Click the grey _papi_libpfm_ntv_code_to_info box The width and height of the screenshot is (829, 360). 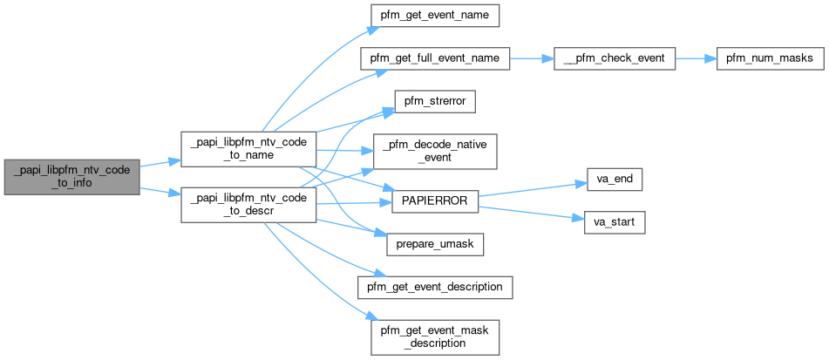(71, 177)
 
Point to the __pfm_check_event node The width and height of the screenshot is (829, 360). (614, 58)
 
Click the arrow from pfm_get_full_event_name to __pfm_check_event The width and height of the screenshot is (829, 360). (531, 58)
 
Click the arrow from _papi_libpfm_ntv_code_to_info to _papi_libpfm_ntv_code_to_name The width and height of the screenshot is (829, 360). (160, 163)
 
